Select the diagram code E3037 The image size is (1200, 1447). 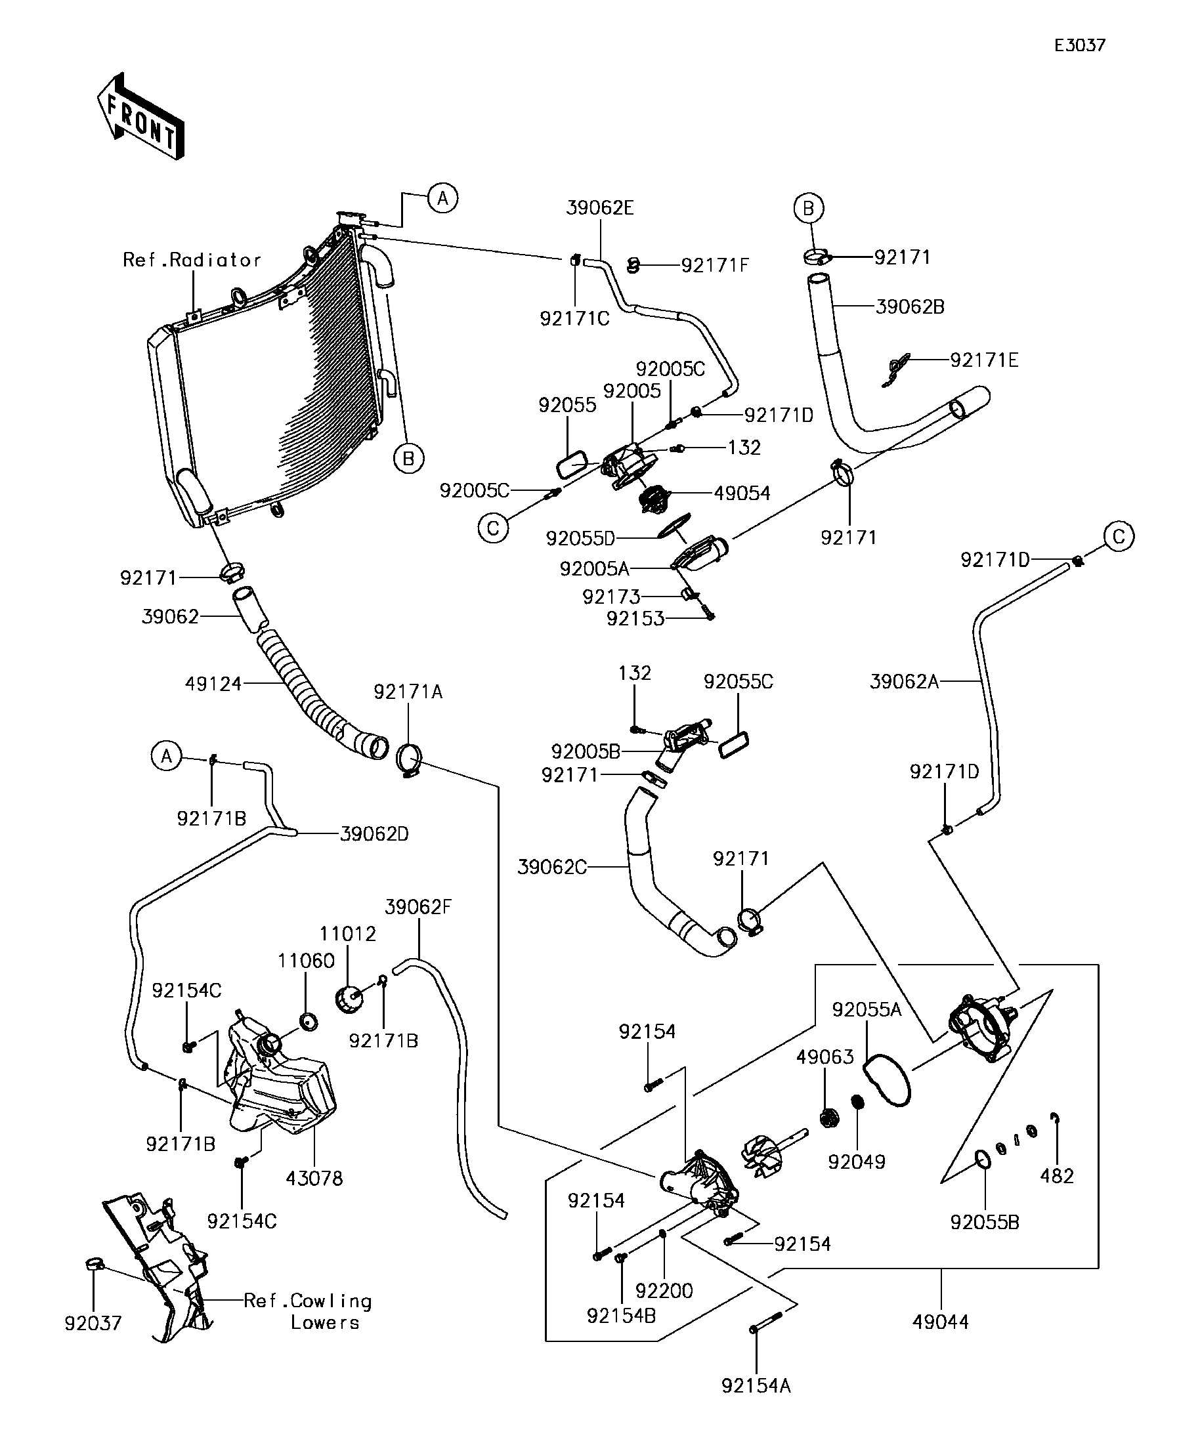click(1079, 45)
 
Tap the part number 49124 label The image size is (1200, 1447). click(213, 684)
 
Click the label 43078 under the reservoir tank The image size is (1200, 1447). click(314, 1179)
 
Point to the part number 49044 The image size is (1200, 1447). click(940, 1322)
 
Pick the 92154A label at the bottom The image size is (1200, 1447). click(756, 1386)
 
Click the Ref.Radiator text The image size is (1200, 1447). click(192, 260)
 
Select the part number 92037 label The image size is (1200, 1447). click(93, 1324)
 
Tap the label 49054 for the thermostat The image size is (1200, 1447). click(742, 493)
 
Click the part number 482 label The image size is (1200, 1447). click(1057, 1176)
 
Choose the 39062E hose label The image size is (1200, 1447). click(599, 207)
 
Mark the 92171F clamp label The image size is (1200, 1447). click(715, 265)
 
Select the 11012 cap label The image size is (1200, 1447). click(347, 934)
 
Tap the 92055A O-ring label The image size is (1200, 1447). click(867, 1009)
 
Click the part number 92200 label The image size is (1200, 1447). click(664, 1291)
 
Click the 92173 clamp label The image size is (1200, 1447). click(611, 597)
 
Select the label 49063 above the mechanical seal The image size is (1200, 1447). click(825, 1057)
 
